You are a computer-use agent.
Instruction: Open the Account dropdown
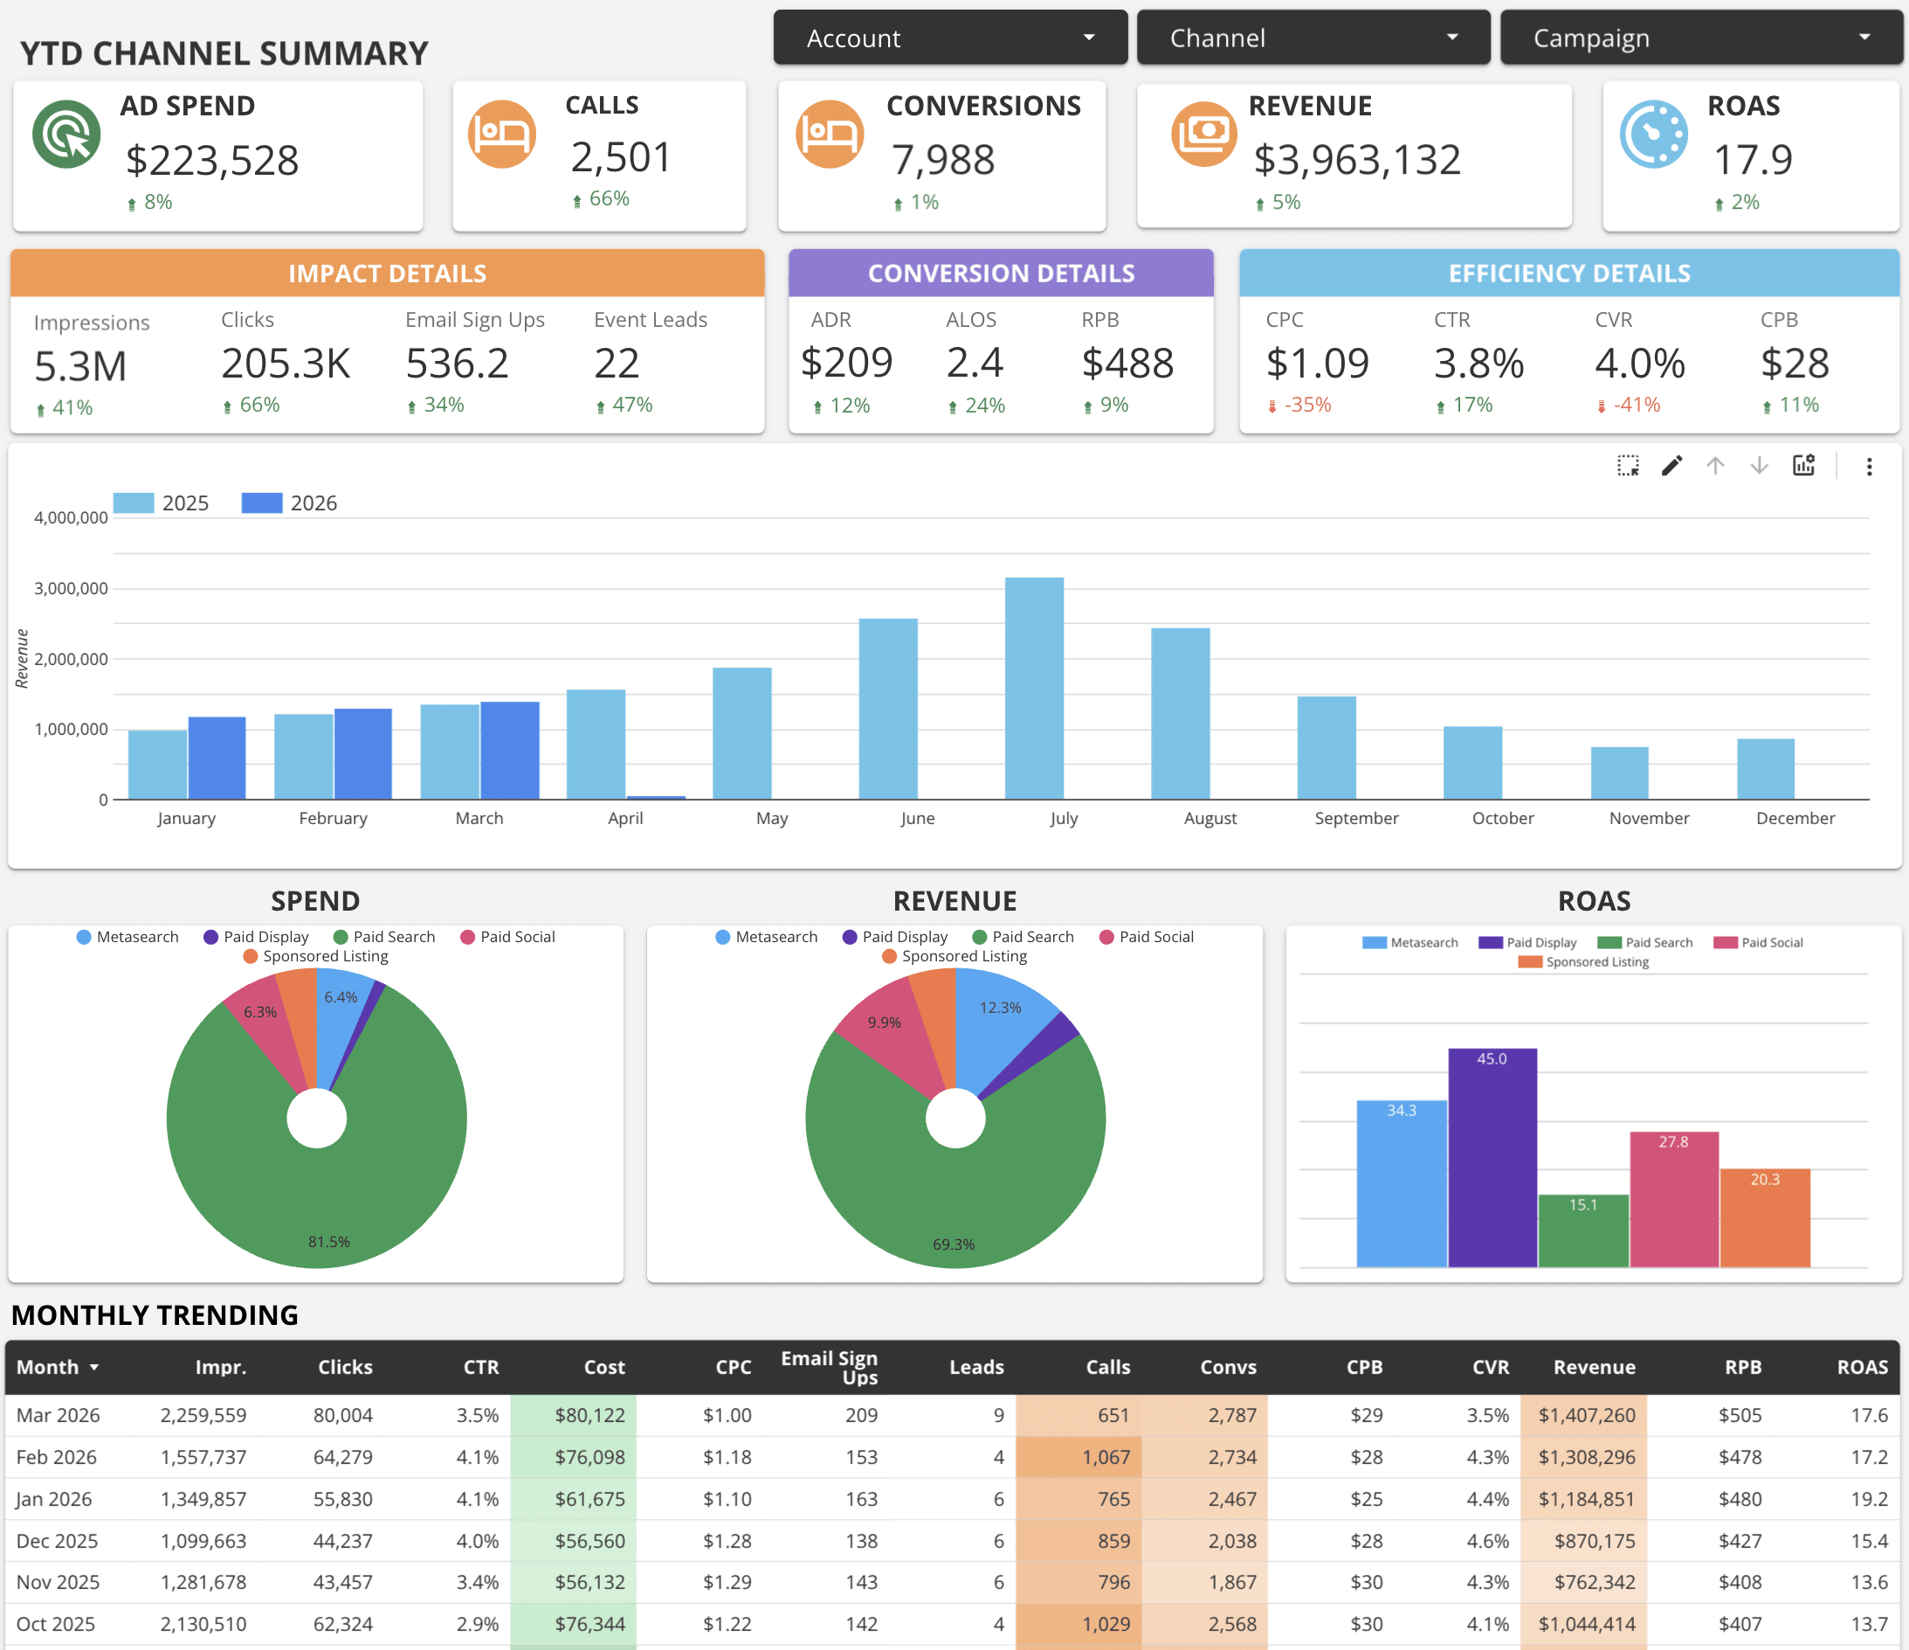pos(949,38)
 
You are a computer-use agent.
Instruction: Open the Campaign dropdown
pos(1700,38)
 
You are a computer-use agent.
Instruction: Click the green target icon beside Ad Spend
pos(66,135)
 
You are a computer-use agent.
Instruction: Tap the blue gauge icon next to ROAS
pos(1653,135)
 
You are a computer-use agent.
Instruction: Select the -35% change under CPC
pos(1306,405)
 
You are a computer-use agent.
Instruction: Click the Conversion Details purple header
pos(1001,274)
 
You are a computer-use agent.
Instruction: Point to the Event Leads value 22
pos(617,364)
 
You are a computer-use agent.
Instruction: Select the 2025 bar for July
pos(1034,688)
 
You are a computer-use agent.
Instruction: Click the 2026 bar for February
pos(363,753)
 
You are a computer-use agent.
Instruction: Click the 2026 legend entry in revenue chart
pos(289,503)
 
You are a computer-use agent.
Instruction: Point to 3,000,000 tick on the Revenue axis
pos(71,588)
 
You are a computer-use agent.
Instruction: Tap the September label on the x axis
pos(1355,818)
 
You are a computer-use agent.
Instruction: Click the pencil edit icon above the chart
pos(1671,466)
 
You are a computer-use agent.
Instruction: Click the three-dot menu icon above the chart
pos(1869,467)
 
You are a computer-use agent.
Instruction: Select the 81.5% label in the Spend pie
pos(329,1242)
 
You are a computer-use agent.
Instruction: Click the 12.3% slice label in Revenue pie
pos(1000,1008)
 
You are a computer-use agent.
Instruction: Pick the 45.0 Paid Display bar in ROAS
pos(1492,1157)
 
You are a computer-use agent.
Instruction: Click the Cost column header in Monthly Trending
pos(603,1367)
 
